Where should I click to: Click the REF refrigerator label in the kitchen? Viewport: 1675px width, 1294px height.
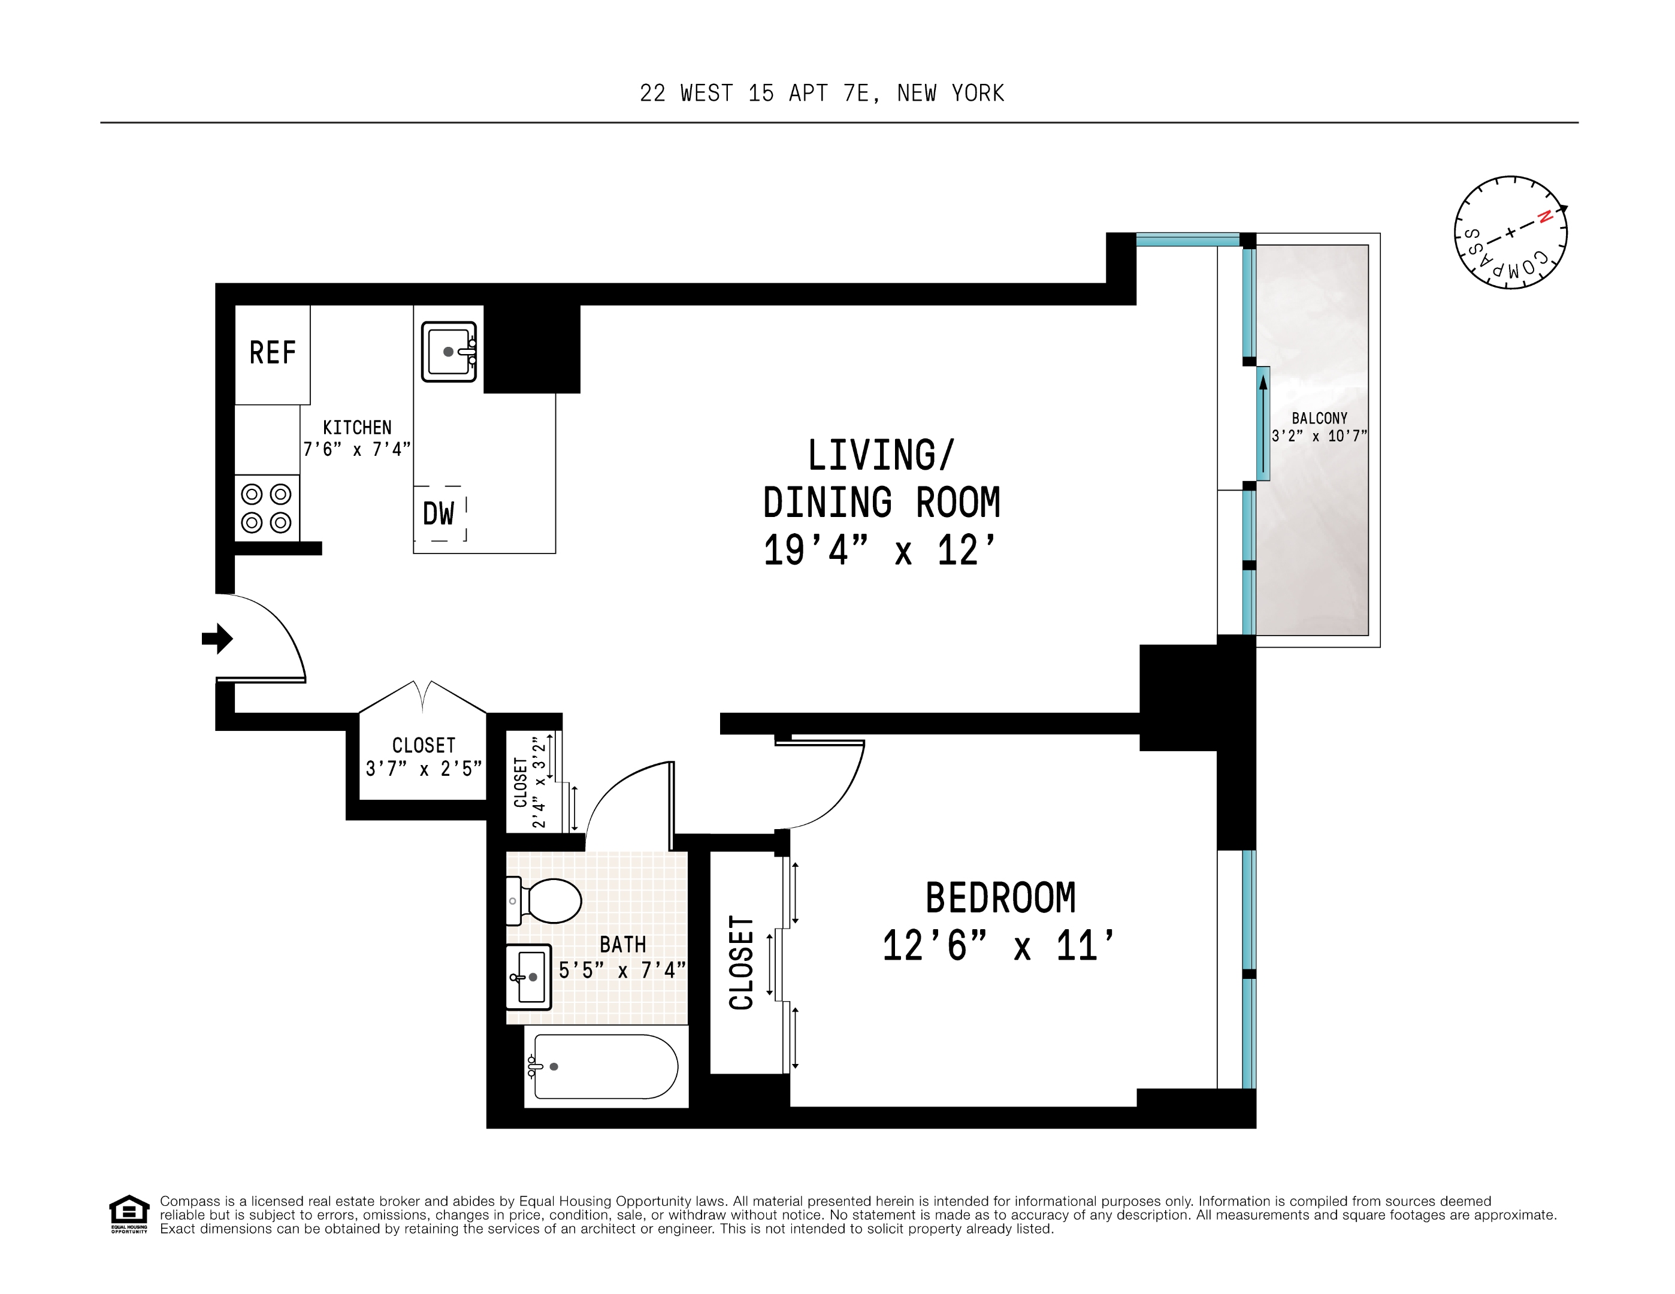pyautogui.click(x=272, y=353)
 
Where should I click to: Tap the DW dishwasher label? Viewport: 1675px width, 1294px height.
pyautogui.click(x=439, y=513)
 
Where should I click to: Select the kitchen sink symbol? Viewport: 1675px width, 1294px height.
pyautogui.click(x=449, y=351)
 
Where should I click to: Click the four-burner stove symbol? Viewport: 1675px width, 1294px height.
pyautogui.click(x=266, y=508)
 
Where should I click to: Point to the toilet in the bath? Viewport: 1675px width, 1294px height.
pyautogui.click(x=546, y=900)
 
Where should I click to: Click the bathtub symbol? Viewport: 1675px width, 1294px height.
pyautogui.click(x=605, y=1066)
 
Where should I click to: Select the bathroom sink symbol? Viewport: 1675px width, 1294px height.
pyautogui.click(x=528, y=976)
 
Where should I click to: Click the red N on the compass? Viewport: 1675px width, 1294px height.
pyautogui.click(x=1546, y=216)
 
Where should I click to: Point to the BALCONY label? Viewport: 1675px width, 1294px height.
pyautogui.click(x=1319, y=418)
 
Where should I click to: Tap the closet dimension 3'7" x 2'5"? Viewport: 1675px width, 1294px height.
pyautogui.click(x=424, y=769)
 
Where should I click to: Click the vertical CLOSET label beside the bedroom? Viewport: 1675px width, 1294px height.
pyautogui.click(x=742, y=962)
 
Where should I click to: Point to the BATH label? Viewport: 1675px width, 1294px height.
pyautogui.click(x=623, y=944)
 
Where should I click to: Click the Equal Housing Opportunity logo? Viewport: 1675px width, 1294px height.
pyautogui.click(x=129, y=1214)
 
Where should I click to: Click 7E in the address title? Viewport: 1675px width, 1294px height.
pyautogui.click(x=856, y=93)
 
